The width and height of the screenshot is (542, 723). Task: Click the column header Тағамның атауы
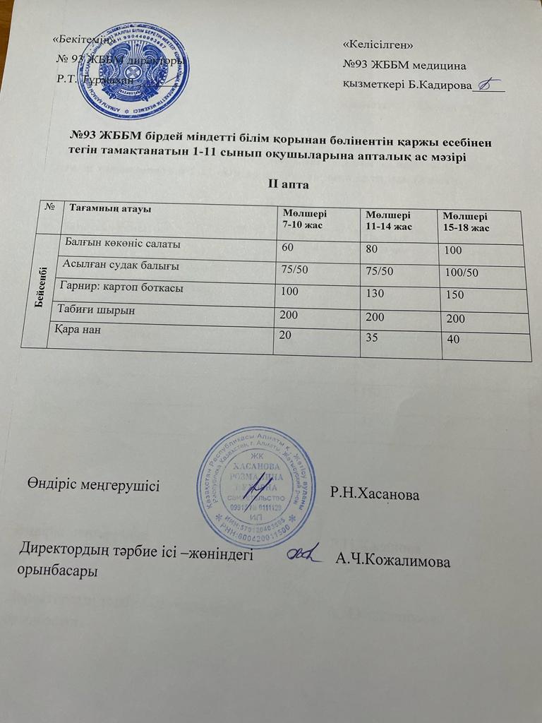[111, 208]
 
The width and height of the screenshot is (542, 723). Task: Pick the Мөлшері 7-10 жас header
[305, 218]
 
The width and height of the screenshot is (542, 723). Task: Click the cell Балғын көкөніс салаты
[122, 244]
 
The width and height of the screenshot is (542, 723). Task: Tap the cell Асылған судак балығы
[121, 266]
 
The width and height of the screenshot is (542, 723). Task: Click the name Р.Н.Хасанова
[375, 496]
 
